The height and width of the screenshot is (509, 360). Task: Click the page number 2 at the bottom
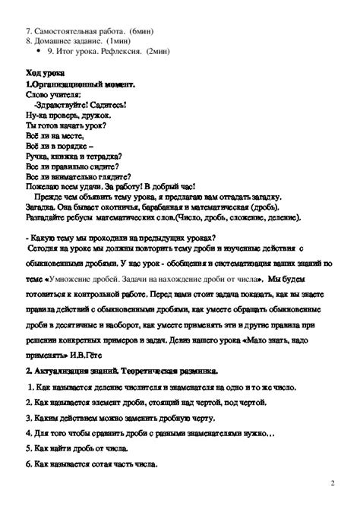click(x=333, y=483)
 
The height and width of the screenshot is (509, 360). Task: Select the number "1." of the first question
click(x=30, y=387)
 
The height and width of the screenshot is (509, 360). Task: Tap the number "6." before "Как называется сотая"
click(x=29, y=463)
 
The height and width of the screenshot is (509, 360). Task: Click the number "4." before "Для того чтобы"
click(x=29, y=432)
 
